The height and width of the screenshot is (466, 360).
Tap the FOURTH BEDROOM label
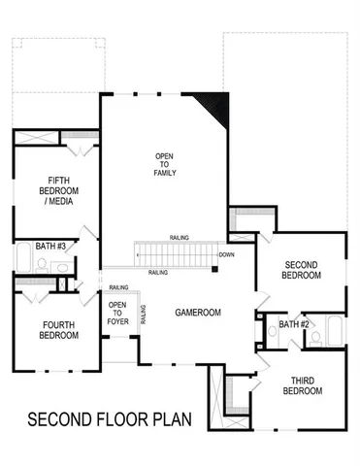(x=52, y=330)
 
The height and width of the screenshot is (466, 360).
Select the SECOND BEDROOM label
(x=302, y=270)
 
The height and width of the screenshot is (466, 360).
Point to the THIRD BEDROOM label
(x=302, y=385)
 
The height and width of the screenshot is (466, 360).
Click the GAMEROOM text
(x=199, y=314)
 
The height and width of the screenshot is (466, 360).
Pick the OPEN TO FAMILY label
(x=165, y=164)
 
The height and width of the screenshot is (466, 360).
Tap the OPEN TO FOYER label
(x=117, y=313)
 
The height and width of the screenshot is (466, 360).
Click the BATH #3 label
(x=50, y=247)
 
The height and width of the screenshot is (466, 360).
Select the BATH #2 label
(x=294, y=323)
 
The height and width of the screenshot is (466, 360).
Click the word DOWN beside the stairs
(x=226, y=255)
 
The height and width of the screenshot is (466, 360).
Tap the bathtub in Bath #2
(x=333, y=335)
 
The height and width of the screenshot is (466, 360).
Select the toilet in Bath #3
(x=61, y=267)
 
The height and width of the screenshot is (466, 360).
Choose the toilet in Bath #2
(x=314, y=338)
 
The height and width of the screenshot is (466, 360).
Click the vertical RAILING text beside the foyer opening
(x=144, y=314)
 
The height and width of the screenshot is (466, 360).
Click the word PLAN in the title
(x=172, y=420)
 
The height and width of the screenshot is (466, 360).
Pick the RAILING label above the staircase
(x=179, y=237)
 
